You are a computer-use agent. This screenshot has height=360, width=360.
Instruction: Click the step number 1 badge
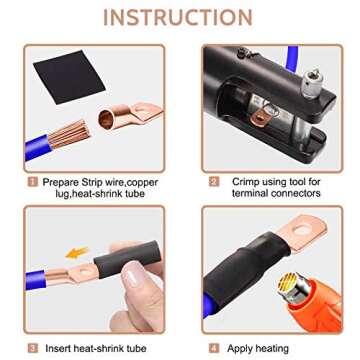click(x=34, y=182)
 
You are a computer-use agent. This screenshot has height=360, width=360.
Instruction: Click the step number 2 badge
click(x=213, y=182)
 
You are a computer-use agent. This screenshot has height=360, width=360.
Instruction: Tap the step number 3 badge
click(x=34, y=348)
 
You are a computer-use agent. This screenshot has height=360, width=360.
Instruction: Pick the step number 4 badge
click(x=213, y=348)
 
